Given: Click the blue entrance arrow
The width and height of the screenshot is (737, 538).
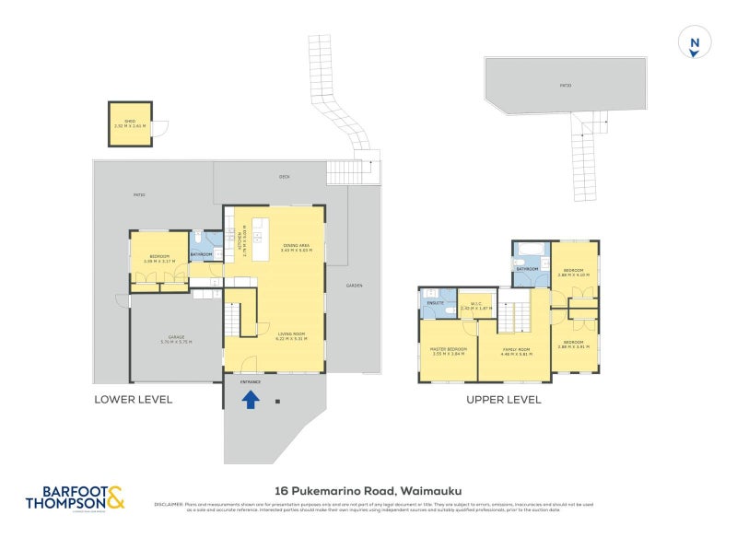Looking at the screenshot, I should pyautogui.click(x=250, y=399).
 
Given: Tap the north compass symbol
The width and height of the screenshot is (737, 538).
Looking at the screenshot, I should pyautogui.click(x=694, y=43).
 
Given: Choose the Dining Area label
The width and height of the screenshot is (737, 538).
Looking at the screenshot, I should pyautogui.click(x=297, y=247).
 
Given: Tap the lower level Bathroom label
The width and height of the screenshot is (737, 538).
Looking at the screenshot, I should pyautogui.click(x=202, y=255).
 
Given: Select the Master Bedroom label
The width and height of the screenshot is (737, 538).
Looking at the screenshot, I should pyautogui.click(x=449, y=351).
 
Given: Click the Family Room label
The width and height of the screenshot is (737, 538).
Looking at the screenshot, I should pyautogui.click(x=517, y=351).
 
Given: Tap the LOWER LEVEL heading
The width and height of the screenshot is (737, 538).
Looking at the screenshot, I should pyautogui.click(x=134, y=400).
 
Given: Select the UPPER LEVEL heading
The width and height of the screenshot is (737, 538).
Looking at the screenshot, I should pyautogui.click(x=503, y=401).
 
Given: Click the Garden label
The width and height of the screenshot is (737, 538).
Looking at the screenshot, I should pyautogui.click(x=354, y=286).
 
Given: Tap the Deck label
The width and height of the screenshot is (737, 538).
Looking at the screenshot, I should pyautogui.click(x=285, y=176).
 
